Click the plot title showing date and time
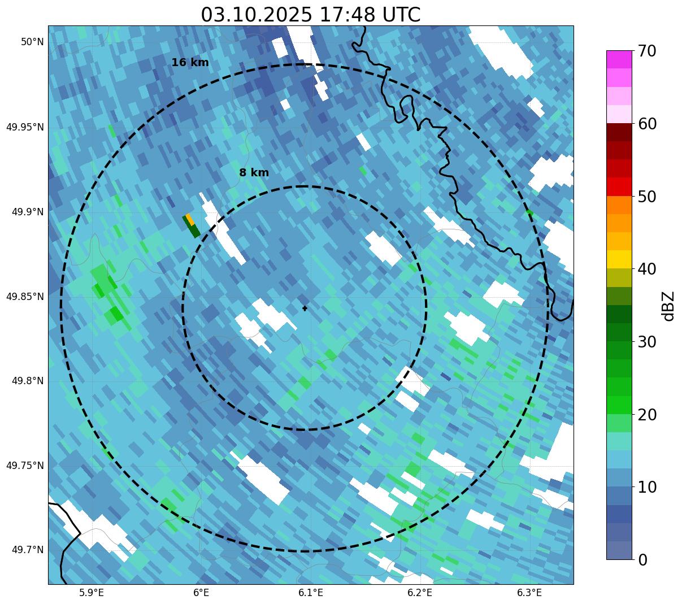[310, 15]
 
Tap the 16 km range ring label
[190, 63]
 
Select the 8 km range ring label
[254, 173]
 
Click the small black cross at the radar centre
[305, 308]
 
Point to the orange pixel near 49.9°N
[190, 219]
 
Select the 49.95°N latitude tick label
[25, 127]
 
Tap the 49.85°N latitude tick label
[25, 297]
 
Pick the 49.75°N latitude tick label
[25, 466]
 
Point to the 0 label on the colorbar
[643, 560]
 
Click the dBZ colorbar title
[669, 306]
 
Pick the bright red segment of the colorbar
[619, 186]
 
